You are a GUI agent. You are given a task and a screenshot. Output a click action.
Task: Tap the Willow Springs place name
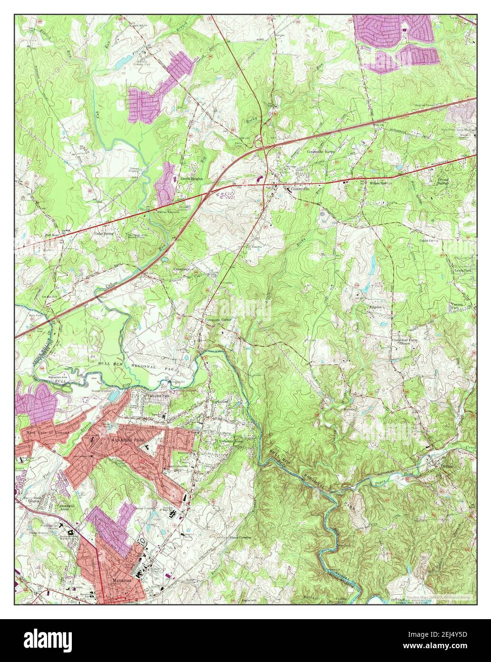381,183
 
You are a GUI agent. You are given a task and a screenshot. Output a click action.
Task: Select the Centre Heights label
191,178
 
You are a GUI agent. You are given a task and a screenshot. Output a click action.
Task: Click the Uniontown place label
181,269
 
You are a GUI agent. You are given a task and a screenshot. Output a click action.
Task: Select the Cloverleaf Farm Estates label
404,343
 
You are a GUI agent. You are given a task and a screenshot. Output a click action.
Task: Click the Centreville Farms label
321,151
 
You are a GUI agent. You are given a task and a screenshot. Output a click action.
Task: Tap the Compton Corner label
218,320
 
